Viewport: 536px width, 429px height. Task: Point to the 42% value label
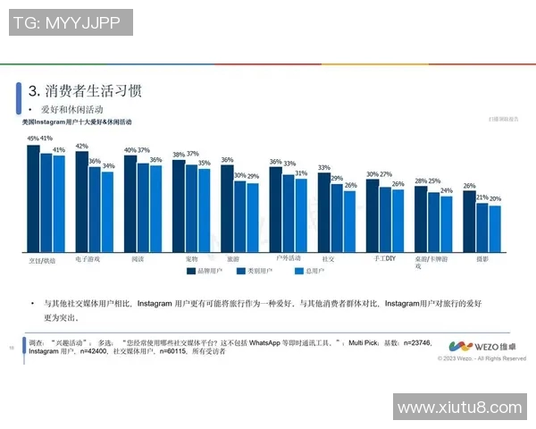[x=81, y=146]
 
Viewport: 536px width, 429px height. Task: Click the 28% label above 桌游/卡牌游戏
[x=421, y=181]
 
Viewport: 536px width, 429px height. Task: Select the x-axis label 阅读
[x=138, y=257]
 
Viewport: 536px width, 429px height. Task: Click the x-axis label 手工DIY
[x=385, y=257]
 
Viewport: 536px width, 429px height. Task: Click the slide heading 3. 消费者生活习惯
[x=85, y=91]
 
